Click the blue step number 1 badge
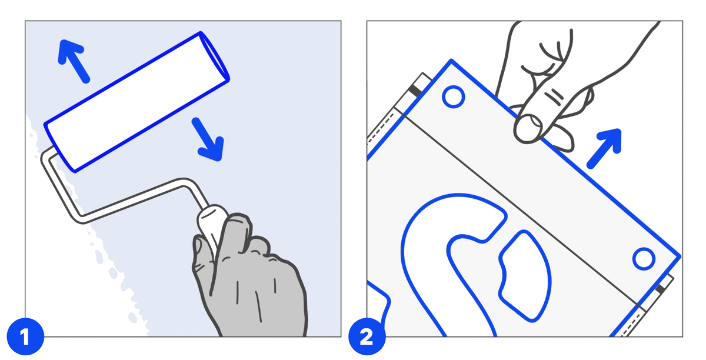tap(25, 336)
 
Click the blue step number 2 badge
tap(367, 336)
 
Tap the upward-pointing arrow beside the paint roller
tap(73, 61)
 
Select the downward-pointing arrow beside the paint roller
tap(208, 139)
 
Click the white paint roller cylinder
tap(136, 102)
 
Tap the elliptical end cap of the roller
tap(215, 56)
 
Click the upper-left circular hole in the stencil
tap(453, 97)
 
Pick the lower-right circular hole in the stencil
tap(644, 259)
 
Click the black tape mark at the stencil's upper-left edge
tap(415, 91)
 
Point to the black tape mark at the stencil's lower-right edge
tap(660, 288)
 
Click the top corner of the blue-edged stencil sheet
tap(451, 60)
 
